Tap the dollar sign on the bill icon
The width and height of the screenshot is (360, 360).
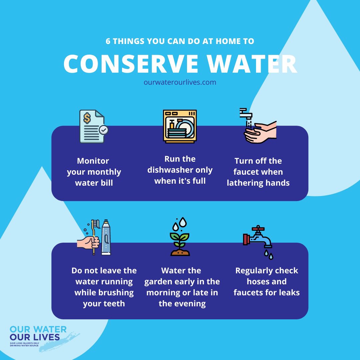(87, 117)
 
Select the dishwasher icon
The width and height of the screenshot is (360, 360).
(180, 127)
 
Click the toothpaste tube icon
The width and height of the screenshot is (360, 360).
(106, 237)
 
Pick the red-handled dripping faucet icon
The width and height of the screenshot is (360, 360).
(258, 240)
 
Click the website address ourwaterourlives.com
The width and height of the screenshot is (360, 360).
(180, 82)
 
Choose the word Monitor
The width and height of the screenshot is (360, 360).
(93, 161)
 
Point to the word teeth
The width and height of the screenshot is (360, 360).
(114, 304)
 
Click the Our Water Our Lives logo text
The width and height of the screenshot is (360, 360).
(38, 333)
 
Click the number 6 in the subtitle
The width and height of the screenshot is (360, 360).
(108, 41)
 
